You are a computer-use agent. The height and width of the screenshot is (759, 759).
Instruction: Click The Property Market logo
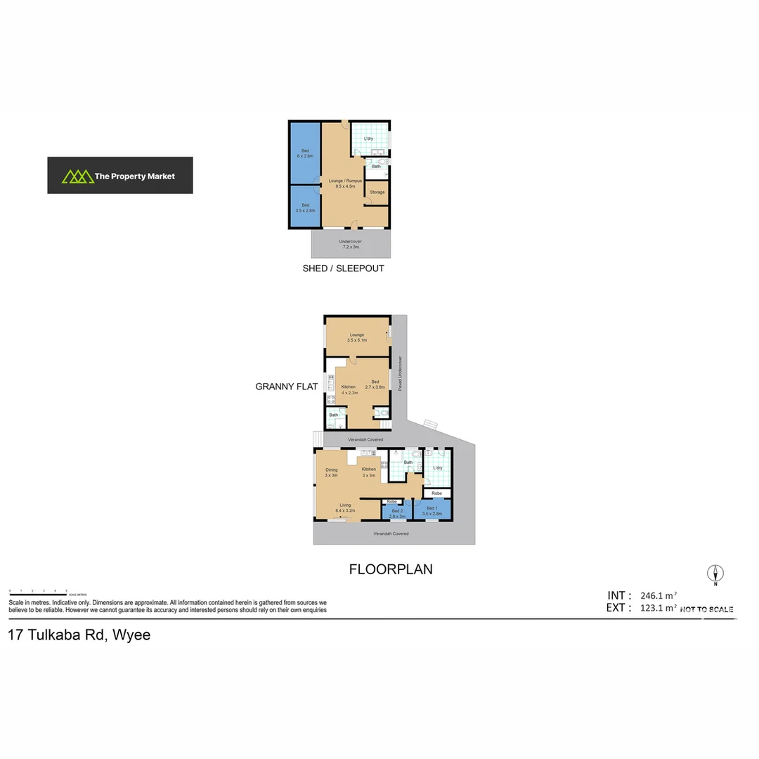pyautogui.click(x=120, y=176)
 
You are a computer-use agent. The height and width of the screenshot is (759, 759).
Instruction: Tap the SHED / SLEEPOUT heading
pyautogui.click(x=343, y=268)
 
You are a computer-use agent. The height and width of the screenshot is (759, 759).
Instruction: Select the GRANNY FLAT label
pyautogui.click(x=286, y=387)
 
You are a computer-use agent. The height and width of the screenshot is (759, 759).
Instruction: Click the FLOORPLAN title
pyautogui.click(x=391, y=569)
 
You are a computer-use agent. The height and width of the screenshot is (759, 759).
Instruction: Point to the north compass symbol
pyautogui.click(x=715, y=574)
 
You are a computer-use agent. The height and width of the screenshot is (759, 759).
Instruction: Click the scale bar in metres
pyautogui.click(x=38, y=592)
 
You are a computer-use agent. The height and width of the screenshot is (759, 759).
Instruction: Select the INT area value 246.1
pyautogui.click(x=660, y=595)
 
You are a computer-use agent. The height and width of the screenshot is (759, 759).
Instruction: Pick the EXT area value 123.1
pyautogui.click(x=660, y=609)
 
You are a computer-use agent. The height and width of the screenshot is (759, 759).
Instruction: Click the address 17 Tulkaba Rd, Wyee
pyautogui.click(x=79, y=635)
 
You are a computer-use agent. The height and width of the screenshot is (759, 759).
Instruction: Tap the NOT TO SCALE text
pyautogui.click(x=706, y=609)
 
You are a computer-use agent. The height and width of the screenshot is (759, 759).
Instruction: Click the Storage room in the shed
pyautogui.click(x=377, y=192)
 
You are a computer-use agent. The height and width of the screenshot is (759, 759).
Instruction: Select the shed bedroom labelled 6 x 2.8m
pyautogui.click(x=305, y=153)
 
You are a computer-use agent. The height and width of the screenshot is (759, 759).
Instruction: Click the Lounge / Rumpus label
pyautogui.click(x=345, y=183)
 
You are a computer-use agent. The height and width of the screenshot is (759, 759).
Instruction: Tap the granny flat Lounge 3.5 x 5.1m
pyautogui.click(x=357, y=337)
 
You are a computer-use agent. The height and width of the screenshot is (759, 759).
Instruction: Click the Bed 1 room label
pyautogui.click(x=433, y=510)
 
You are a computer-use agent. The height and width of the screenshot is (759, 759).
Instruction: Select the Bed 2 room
pyautogui.click(x=397, y=513)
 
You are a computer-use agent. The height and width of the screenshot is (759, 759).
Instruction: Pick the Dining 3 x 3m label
pyautogui.click(x=331, y=472)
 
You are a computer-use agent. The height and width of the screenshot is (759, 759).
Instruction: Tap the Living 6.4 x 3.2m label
pyautogui.click(x=345, y=507)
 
